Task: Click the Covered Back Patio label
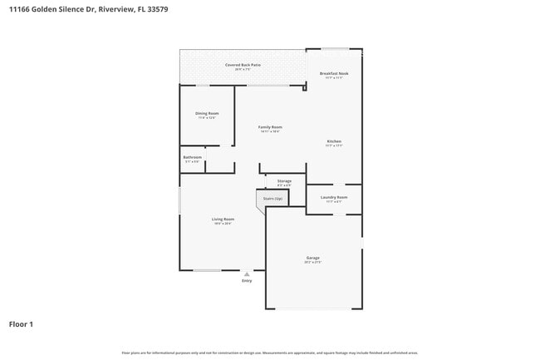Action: tap(243, 64)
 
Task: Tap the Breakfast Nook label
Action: tap(334, 73)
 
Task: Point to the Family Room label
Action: tap(271, 127)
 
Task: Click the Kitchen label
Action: tap(334, 141)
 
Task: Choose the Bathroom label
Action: tap(193, 157)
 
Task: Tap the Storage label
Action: tap(284, 180)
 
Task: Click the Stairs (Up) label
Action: tap(272, 200)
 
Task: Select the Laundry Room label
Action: tap(334, 197)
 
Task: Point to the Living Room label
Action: tap(222, 219)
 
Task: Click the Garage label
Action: tap(312, 258)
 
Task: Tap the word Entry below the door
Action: tap(247, 281)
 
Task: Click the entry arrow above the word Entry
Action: tap(247, 274)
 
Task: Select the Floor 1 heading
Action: tap(22, 323)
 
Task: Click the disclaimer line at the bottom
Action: tap(269, 353)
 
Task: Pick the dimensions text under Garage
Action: tap(312, 263)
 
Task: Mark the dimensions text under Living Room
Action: tap(222, 224)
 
